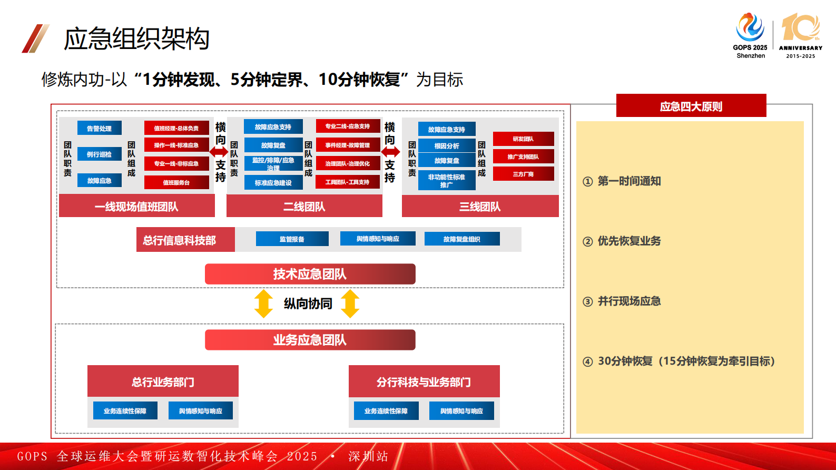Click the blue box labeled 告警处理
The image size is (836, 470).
99,128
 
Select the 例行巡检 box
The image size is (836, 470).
99,154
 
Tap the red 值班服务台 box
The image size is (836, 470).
176,182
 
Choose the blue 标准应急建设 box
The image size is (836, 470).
273,183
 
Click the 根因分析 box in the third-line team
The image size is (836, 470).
447,146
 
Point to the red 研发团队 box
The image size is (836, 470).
523,139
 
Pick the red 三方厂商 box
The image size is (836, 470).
523,174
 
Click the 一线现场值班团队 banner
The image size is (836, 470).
136,207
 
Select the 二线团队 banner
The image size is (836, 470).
304,207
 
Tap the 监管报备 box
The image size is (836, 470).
292,239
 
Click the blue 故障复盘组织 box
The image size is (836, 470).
461,239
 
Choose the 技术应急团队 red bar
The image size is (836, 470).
310,274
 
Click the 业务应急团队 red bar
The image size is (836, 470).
310,340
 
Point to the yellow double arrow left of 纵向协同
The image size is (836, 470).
263,303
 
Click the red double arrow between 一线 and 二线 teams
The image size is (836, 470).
219,152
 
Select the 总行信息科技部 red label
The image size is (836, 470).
180,240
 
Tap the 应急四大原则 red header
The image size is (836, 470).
691,106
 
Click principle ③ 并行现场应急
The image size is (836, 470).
629,301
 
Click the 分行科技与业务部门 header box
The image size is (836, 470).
424,381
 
